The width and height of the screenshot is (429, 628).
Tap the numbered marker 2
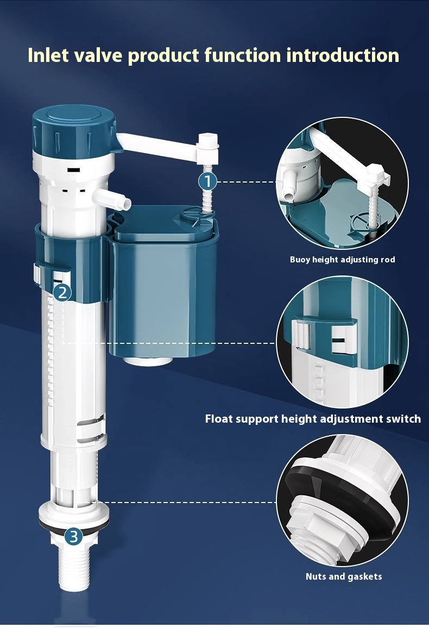62,293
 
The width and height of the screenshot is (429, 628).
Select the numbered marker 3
74,537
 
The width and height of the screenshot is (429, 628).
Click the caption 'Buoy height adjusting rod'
342,260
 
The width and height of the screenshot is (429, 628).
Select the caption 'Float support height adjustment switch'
313,419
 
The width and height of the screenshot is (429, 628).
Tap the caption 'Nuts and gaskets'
343,576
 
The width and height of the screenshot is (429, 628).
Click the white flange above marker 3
73,512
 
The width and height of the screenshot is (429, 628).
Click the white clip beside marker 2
39,273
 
